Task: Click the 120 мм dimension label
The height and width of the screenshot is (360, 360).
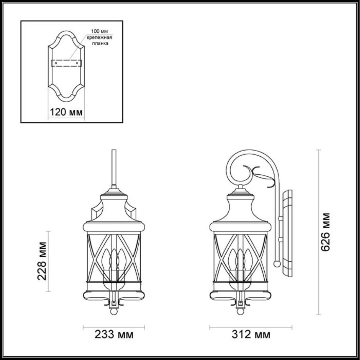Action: (x=66, y=112)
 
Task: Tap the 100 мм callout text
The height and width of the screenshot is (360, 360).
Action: (x=99, y=31)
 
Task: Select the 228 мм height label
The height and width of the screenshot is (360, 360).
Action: (x=42, y=261)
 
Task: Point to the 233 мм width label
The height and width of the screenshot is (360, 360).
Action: (x=114, y=335)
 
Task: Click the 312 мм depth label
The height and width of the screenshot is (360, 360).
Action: (x=251, y=335)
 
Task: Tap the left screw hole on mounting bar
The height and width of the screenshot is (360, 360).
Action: (x=56, y=63)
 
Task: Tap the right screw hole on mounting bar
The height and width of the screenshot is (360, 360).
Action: (x=77, y=63)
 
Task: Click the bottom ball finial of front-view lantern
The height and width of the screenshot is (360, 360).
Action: (x=114, y=312)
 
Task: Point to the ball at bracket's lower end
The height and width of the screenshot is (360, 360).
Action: (x=277, y=264)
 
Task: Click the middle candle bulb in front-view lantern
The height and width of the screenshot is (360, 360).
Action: (x=114, y=259)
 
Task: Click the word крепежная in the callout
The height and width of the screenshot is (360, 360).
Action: (x=100, y=37)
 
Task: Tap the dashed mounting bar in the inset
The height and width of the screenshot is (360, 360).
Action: (x=66, y=63)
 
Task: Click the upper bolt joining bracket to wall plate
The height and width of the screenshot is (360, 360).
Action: (x=280, y=218)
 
